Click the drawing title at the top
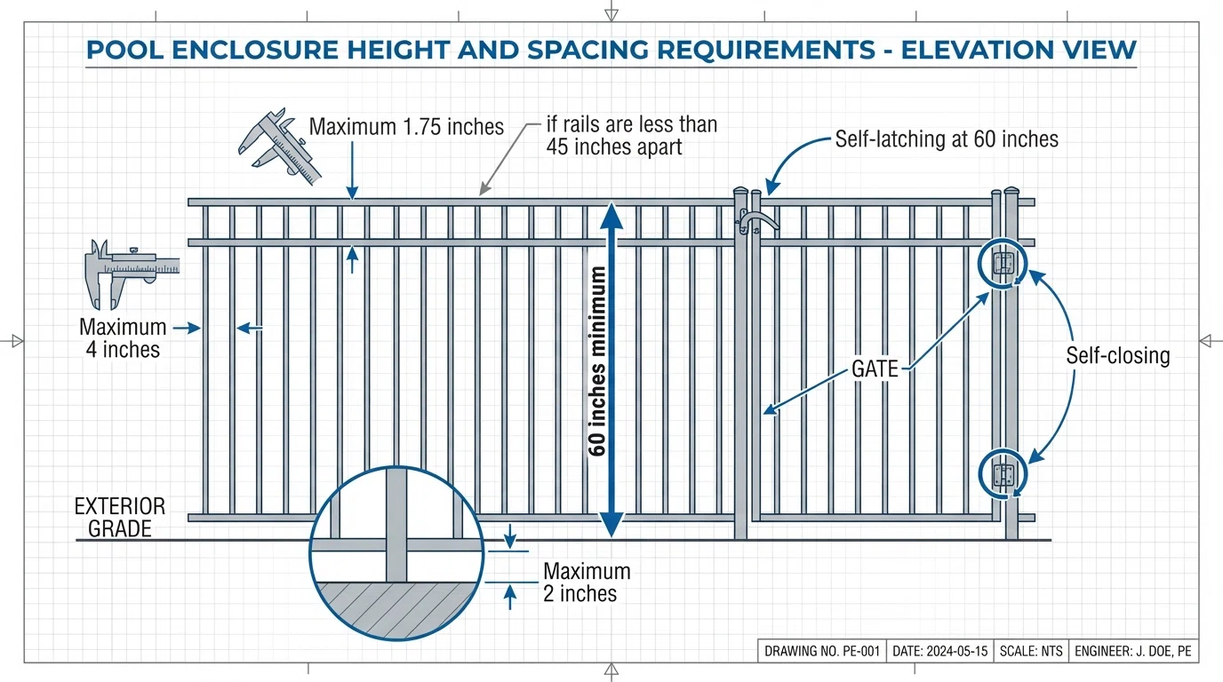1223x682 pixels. tap(611, 50)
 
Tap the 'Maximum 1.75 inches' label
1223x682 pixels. tap(406, 127)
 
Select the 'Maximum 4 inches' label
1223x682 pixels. tap(123, 338)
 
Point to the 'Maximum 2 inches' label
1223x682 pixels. tap(587, 582)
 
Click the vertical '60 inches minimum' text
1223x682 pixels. tap(598, 361)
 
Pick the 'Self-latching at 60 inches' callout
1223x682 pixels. tap(947, 139)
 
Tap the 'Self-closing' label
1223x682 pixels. tap(1117, 356)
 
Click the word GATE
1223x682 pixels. tap(875, 369)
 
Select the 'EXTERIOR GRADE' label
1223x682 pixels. tap(120, 518)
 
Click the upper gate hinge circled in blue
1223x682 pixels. tap(1003, 264)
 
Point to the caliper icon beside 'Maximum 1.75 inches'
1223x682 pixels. tap(278, 147)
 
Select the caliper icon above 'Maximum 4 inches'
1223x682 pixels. tap(129, 268)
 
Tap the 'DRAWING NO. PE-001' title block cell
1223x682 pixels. tap(821, 651)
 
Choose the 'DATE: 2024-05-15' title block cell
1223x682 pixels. tap(939, 651)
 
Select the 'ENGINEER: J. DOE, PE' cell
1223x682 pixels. tap(1132, 651)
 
